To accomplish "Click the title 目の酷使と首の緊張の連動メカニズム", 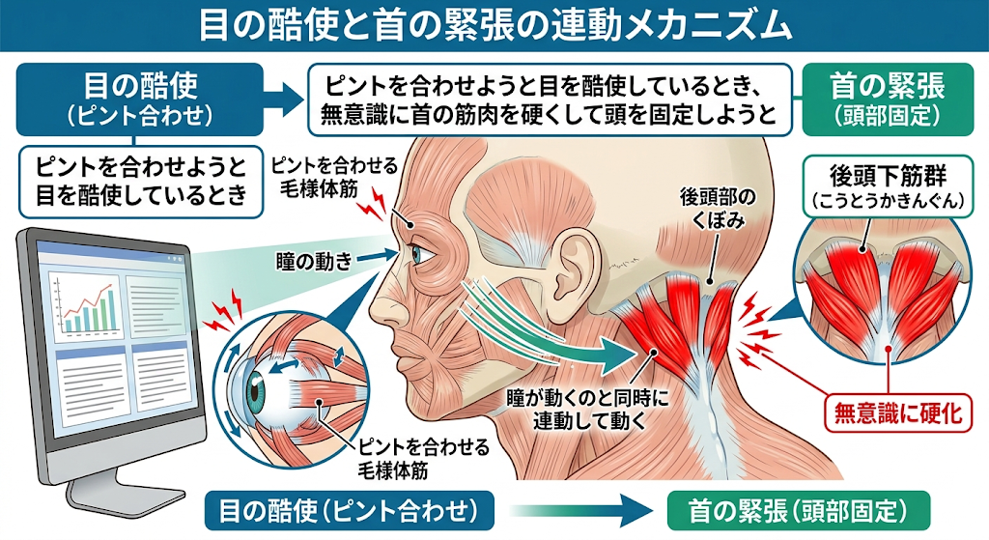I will [494, 25].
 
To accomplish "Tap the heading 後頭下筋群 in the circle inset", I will [886, 179].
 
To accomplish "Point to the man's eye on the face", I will [421, 255].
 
